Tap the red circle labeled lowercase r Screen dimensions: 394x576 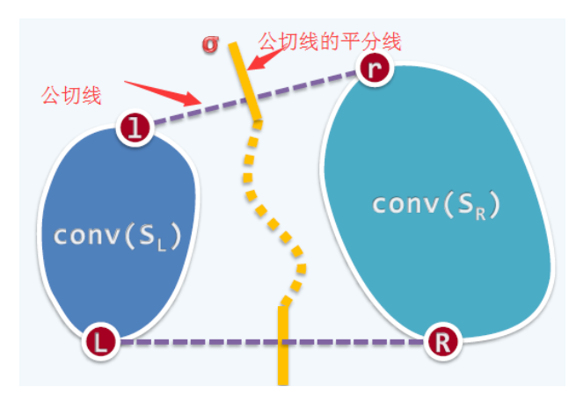click(375, 69)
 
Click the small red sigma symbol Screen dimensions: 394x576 click(210, 45)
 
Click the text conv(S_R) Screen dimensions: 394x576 click(436, 204)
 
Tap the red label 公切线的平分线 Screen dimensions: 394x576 click(330, 40)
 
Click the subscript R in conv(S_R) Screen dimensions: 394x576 click(483, 211)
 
